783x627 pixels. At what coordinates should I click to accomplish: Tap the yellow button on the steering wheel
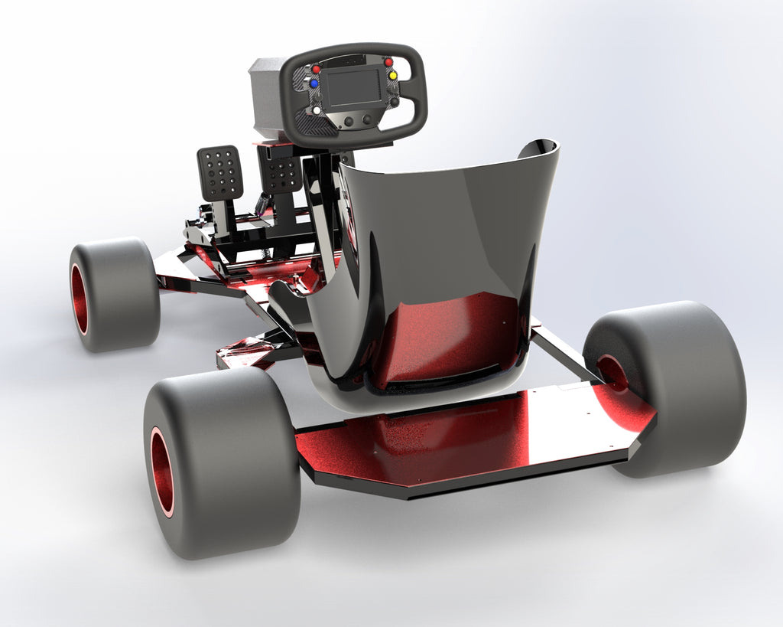[x=393, y=76]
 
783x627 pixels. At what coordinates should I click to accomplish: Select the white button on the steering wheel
[x=317, y=110]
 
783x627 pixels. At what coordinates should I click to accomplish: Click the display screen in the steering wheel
[x=353, y=88]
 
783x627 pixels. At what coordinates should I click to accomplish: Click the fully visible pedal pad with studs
[x=220, y=172]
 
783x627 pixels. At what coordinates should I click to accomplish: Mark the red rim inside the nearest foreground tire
[x=161, y=471]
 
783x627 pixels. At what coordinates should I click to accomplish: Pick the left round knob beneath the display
[x=349, y=121]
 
